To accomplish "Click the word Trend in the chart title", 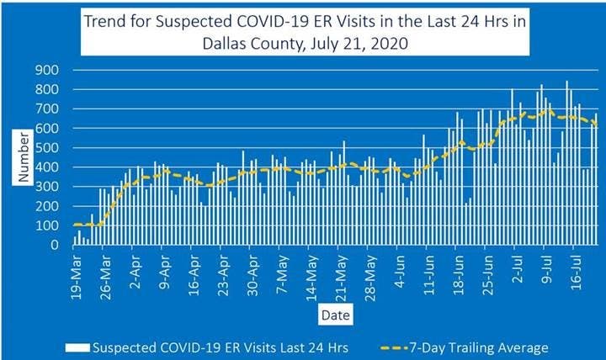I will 107,22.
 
